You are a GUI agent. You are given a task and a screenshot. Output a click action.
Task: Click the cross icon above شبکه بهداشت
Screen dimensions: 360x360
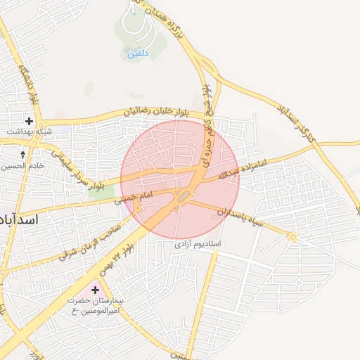29,121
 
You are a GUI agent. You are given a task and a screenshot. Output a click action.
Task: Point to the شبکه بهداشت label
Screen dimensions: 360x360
29,131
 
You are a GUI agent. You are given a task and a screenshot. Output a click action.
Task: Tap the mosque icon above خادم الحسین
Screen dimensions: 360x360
22,154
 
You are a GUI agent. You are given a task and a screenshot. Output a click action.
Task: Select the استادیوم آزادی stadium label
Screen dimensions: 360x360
198,243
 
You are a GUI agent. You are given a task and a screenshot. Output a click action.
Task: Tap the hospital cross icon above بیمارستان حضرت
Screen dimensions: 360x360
95,290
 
